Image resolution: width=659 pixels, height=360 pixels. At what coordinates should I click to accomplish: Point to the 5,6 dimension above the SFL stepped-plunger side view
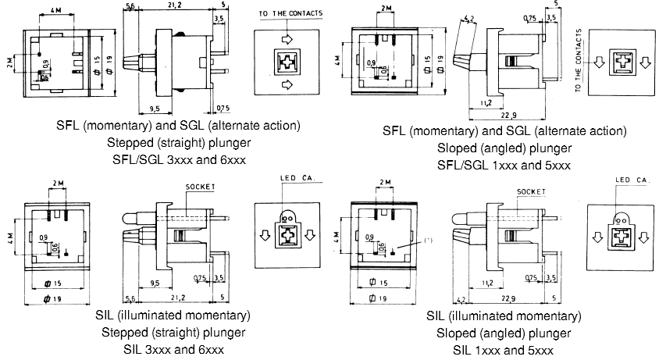point(130,5)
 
